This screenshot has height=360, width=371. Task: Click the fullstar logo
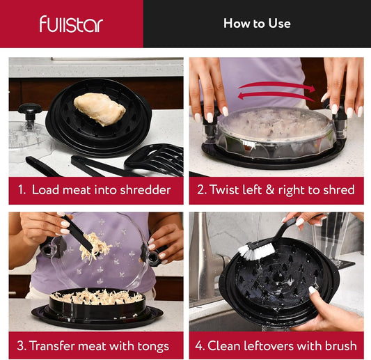pyautogui.click(x=71, y=24)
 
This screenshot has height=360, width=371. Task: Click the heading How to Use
pyautogui.click(x=257, y=23)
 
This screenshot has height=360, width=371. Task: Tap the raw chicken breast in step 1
pyautogui.click(x=100, y=109)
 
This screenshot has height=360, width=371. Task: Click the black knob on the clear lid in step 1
pyautogui.click(x=30, y=111)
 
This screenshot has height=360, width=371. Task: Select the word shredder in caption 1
pyautogui.click(x=145, y=190)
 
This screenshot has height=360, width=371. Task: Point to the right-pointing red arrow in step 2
pyautogui.click(x=277, y=86)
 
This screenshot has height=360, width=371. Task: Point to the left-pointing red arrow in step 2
pyautogui.click(x=276, y=96)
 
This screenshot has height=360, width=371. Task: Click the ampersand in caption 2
pyautogui.click(x=270, y=190)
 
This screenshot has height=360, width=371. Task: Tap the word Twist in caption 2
pyautogui.click(x=224, y=189)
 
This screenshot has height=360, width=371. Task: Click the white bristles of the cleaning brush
pyautogui.click(x=256, y=251)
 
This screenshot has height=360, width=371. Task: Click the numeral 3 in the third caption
pyautogui.click(x=20, y=345)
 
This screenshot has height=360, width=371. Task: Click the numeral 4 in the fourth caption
pyautogui.click(x=199, y=346)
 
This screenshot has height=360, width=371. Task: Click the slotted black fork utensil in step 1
pyautogui.click(x=155, y=159)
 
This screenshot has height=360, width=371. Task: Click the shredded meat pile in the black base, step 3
pyautogui.click(x=96, y=297)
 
